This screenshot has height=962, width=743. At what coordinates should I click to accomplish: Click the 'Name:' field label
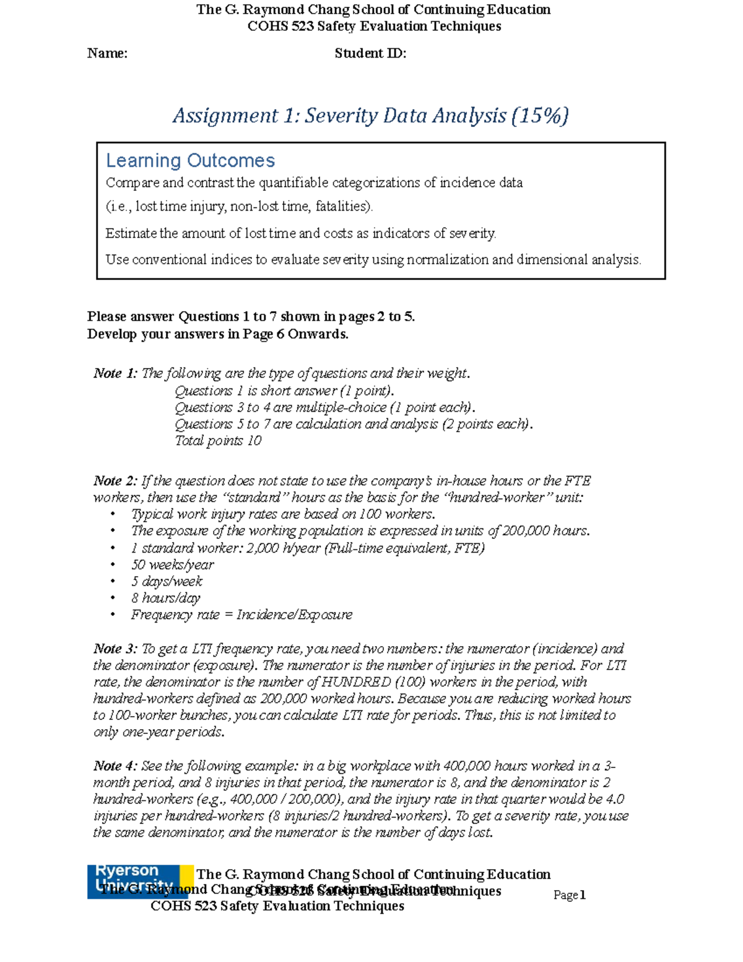pos(107,53)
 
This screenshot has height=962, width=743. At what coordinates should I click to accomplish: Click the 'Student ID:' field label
pos(370,53)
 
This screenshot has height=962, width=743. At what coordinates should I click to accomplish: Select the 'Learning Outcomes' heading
pos(190,160)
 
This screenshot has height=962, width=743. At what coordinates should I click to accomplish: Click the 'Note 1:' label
pos(115,374)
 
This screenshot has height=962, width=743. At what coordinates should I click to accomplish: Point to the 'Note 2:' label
pos(115,481)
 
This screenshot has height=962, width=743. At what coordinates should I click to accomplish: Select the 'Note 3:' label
pos(115,649)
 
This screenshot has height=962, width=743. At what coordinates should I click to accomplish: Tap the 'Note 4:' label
pos(115,766)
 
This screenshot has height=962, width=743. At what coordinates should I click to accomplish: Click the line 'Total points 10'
pos(218,440)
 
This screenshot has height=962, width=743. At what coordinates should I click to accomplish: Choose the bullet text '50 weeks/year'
pos(172,565)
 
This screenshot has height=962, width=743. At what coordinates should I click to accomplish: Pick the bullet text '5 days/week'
pos(167,582)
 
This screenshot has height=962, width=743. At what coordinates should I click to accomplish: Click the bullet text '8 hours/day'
pos(165,598)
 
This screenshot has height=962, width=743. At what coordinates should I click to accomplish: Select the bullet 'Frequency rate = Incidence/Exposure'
pos(241,615)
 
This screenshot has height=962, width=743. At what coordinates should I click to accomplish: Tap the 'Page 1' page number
pos(569,895)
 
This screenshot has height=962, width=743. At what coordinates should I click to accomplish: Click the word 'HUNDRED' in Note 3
pos(357,683)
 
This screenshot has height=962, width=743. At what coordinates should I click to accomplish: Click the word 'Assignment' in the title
pos(225,116)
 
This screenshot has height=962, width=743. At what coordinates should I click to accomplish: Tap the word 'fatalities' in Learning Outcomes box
pos(343,207)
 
